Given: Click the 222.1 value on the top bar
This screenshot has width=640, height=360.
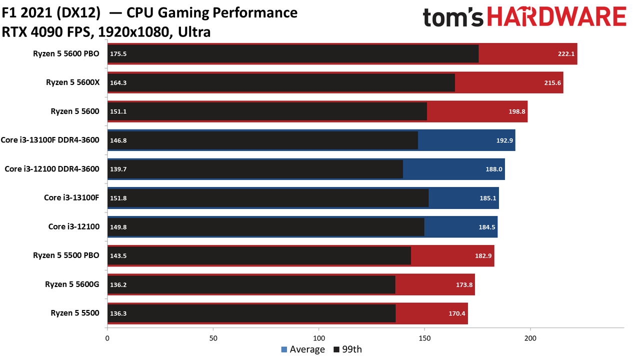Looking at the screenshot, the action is [x=566, y=54].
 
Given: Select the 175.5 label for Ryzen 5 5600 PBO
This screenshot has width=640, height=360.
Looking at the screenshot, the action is [x=118, y=54].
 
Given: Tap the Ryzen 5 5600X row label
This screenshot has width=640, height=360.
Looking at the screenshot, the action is [x=73, y=82].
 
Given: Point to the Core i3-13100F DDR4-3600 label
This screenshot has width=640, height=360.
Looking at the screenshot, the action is [x=50, y=140].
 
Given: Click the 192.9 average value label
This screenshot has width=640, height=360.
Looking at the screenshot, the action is [x=504, y=140].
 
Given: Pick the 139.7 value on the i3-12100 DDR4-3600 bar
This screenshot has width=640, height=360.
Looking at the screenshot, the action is [x=118, y=169].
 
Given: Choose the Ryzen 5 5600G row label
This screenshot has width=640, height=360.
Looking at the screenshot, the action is [x=72, y=284].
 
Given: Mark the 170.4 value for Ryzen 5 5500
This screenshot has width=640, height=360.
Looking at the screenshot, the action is [x=457, y=313].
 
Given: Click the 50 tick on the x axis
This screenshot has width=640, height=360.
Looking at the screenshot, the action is [x=213, y=338].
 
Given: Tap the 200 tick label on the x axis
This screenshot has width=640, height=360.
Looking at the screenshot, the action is [x=530, y=338].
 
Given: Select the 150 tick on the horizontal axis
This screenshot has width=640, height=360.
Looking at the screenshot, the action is [x=424, y=338].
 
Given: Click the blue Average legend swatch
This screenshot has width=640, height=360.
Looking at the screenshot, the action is [x=284, y=349].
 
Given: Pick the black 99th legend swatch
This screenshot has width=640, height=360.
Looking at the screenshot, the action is [x=336, y=349].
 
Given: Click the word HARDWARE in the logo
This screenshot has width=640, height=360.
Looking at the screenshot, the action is [x=557, y=17].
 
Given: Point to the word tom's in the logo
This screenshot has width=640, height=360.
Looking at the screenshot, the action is [x=453, y=17].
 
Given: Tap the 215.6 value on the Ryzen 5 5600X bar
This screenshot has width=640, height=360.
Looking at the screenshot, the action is [x=552, y=83].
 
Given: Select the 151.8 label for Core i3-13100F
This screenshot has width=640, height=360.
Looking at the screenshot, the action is [x=118, y=198].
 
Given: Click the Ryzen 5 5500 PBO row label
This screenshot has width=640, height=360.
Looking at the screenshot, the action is [x=66, y=255].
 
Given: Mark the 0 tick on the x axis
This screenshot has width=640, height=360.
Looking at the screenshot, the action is [x=107, y=338].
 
